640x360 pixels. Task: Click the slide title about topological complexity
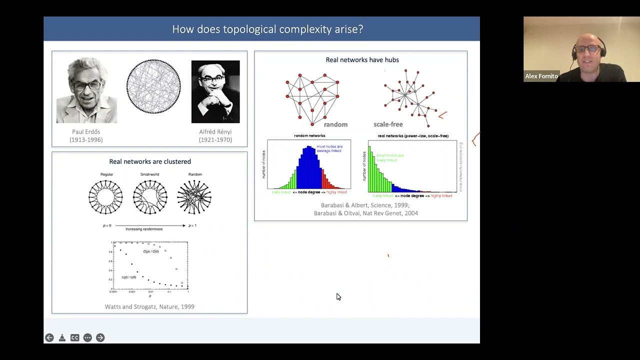267,29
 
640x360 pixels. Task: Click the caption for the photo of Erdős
86,136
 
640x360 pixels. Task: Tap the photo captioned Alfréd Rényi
215,91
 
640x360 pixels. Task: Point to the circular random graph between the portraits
153,86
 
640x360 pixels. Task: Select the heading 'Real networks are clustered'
150,161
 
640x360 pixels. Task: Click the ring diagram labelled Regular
105,197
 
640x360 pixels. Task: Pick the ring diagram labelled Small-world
150,197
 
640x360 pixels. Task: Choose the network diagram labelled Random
194,197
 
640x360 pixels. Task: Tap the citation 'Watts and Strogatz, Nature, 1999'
149,306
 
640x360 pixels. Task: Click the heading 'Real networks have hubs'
362,60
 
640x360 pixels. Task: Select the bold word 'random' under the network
335,124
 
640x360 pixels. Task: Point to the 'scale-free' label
388,124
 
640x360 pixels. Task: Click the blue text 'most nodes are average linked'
329,148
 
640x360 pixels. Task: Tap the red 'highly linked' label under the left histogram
336,192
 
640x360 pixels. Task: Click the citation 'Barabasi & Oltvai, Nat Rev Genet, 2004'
365,213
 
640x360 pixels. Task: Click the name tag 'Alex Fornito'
541,76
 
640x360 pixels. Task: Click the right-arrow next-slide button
100,337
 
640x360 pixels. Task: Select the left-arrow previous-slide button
49,337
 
